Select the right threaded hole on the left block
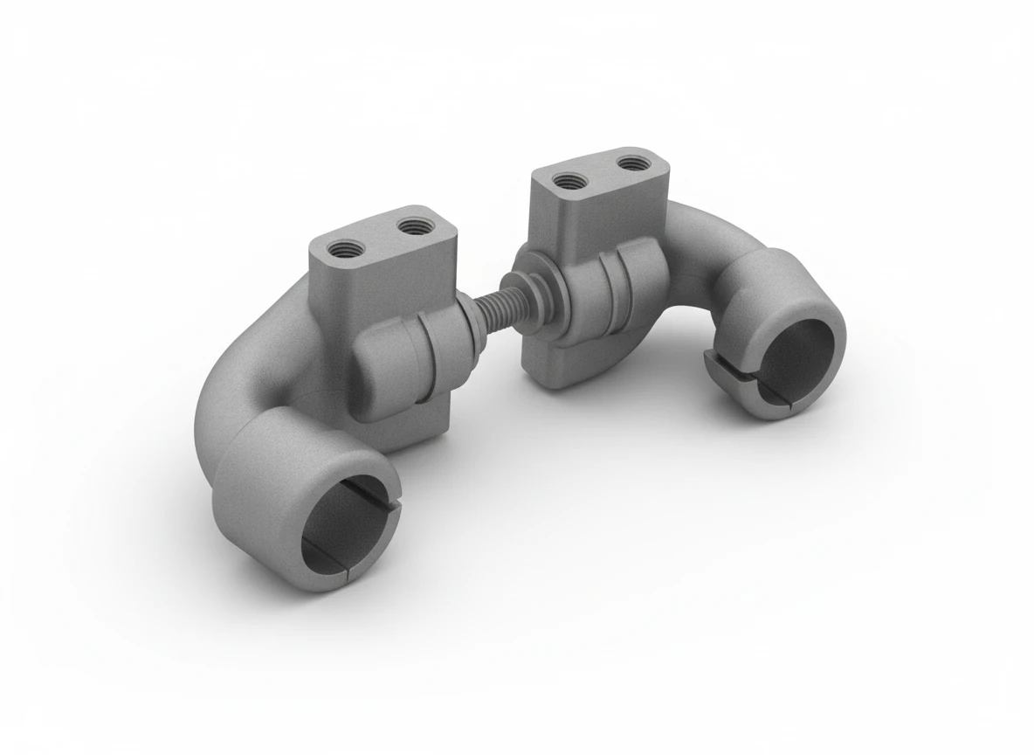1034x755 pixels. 408,226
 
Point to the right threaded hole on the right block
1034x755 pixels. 630,162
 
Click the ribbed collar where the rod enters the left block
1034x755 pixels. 456,328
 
